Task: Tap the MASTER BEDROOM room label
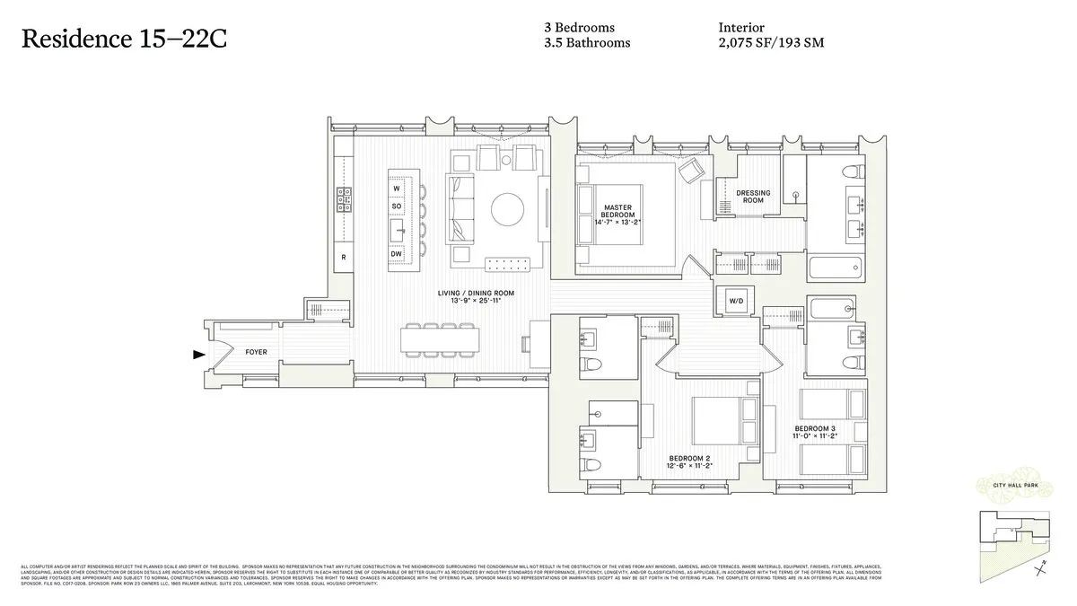coord(618,212)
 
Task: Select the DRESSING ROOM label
coord(753,197)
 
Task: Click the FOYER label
coord(257,353)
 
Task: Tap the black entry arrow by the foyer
coord(198,355)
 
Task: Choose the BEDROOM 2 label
coord(688,459)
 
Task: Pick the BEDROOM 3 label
coord(815,429)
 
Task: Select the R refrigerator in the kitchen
coord(343,258)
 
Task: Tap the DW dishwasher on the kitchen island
coord(396,255)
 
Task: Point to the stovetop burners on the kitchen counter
coord(343,199)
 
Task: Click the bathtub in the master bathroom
coord(834,268)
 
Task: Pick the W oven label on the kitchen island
coord(396,189)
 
